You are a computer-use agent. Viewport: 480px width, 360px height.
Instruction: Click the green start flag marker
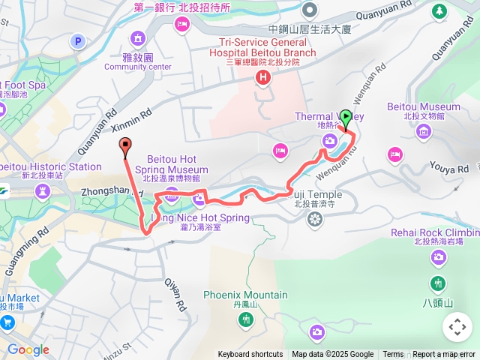(346, 118)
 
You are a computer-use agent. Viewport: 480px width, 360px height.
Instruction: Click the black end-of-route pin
(124, 147)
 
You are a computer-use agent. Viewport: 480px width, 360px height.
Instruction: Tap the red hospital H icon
(262, 77)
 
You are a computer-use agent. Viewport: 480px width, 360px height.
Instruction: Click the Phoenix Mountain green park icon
(245, 319)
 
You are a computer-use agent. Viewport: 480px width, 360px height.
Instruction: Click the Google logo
(28, 350)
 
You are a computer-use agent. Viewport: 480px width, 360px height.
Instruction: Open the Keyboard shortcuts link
(250, 355)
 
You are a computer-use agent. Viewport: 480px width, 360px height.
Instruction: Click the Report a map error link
(444, 355)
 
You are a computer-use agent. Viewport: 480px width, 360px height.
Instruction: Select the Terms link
(393, 355)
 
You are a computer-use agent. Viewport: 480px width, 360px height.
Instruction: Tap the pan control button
(457, 328)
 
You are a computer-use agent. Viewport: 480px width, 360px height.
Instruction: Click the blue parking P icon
(76, 42)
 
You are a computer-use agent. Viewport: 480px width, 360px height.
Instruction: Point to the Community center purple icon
(138, 38)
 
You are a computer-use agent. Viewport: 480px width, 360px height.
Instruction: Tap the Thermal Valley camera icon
(329, 141)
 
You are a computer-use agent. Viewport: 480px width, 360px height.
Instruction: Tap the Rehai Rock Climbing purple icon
(438, 257)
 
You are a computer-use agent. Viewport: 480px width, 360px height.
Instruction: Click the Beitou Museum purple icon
(424, 132)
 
